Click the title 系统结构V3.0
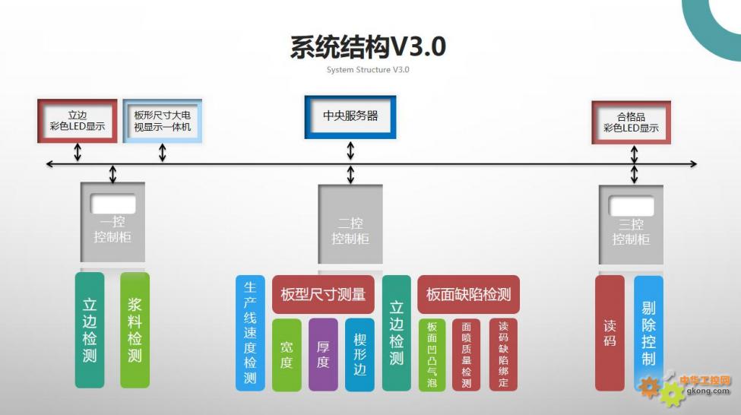click(368, 46)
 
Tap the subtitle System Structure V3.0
click(368, 70)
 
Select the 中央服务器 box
click(350, 116)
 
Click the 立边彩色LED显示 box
click(77, 121)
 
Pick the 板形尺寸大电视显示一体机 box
click(163, 121)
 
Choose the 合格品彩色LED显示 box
click(631, 122)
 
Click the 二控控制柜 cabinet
click(350, 228)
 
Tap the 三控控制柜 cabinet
click(631, 228)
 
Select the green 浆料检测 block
click(135, 331)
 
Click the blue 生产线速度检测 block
click(250, 333)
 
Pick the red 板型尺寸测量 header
click(323, 295)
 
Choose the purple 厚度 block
click(323, 355)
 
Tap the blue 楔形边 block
click(359, 355)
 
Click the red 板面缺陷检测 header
click(468, 295)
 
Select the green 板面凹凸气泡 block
click(432, 355)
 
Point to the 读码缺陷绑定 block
click(503, 355)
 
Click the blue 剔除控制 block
click(648, 333)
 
